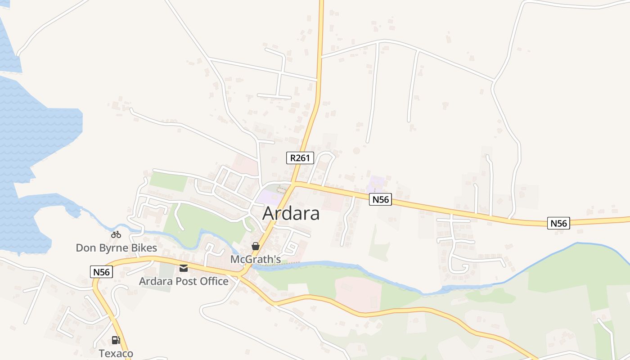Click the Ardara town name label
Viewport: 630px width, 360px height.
pos(291,213)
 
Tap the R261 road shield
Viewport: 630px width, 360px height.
pos(300,157)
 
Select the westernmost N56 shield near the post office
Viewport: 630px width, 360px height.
pos(101,272)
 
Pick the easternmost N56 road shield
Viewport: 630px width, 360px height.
pos(558,223)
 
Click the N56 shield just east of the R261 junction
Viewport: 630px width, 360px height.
pos(380,199)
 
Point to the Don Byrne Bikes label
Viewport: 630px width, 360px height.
pos(116,248)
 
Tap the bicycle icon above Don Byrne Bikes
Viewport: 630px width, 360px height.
pos(116,234)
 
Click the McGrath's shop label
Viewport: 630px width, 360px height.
pos(256,259)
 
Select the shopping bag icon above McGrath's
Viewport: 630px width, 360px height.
pos(256,246)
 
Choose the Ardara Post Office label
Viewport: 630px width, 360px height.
pos(184,281)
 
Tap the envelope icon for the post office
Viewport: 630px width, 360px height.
pos(184,268)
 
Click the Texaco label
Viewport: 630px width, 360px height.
pos(116,353)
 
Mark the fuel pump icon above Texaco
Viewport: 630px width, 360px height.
pos(116,340)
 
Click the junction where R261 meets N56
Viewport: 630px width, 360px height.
pos(293,183)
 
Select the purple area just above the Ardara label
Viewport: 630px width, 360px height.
pos(270,197)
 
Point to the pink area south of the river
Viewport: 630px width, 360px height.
pos(358,292)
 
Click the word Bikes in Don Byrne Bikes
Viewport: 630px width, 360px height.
pos(142,248)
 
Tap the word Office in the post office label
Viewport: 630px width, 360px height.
pos(213,281)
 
